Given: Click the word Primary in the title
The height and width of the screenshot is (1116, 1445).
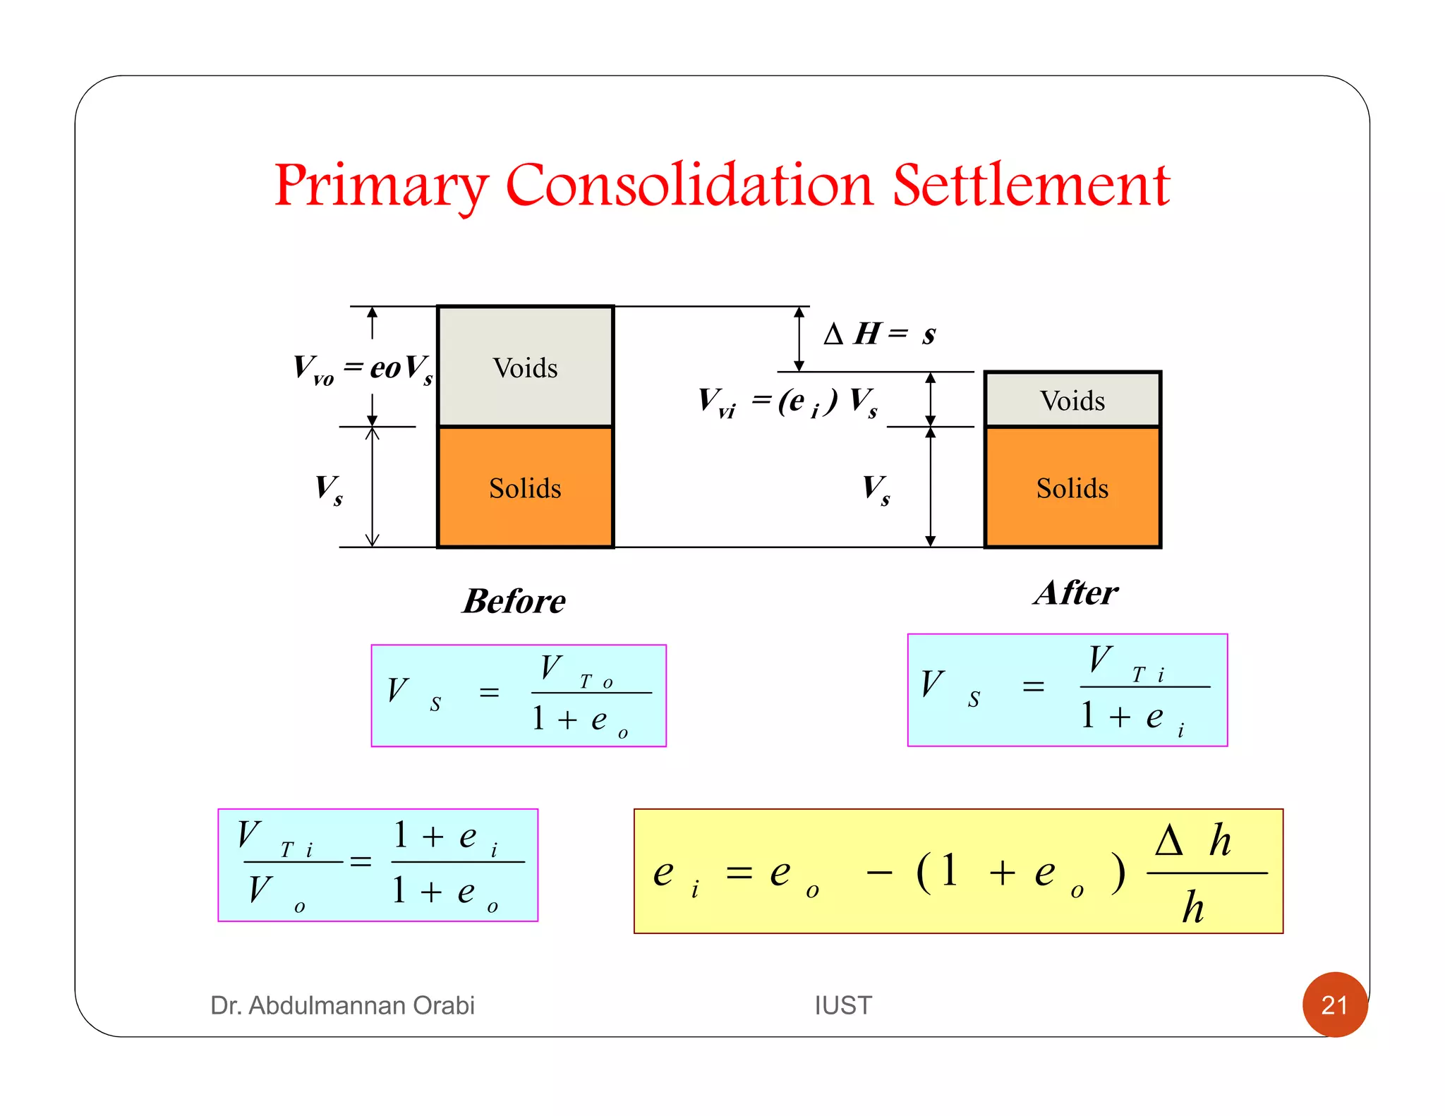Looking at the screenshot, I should [380, 185].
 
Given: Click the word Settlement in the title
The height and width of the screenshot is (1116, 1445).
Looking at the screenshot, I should [1031, 185].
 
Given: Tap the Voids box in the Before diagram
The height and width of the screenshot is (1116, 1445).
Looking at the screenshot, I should [525, 367].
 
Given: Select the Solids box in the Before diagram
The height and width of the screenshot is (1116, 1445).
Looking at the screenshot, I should [525, 487].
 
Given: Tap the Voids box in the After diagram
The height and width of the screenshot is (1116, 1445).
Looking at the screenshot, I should [1072, 400].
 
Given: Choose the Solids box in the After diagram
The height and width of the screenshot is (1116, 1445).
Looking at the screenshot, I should [1072, 487].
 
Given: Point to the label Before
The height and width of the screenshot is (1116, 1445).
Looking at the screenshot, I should [514, 601].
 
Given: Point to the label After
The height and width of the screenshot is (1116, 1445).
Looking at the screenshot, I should [1076, 593].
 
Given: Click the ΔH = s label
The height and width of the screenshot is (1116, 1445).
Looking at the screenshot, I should [879, 334].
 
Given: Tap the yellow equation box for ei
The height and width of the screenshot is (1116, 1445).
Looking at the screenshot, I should [957, 871].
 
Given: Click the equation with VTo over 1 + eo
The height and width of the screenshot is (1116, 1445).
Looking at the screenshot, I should [519, 696].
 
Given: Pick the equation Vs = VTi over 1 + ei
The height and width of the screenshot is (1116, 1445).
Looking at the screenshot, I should [1067, 690].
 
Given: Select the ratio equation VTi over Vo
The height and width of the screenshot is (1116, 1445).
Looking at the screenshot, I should [377, 865].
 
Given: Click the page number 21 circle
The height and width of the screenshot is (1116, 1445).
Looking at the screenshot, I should [1334, 1004].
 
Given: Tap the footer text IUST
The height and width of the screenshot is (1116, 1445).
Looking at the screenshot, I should [842, 1005].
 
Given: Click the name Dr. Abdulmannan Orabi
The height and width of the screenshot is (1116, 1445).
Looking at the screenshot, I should [342, 1005].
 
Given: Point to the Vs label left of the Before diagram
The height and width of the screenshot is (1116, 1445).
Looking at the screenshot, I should [329, 488].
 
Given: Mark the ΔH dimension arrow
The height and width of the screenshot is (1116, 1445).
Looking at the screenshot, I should [799, 339].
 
